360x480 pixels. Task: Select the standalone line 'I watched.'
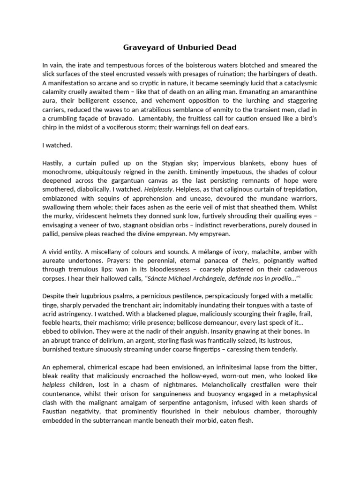(x=57, y=145)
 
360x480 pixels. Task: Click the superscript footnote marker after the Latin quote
(x=300, y=277)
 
